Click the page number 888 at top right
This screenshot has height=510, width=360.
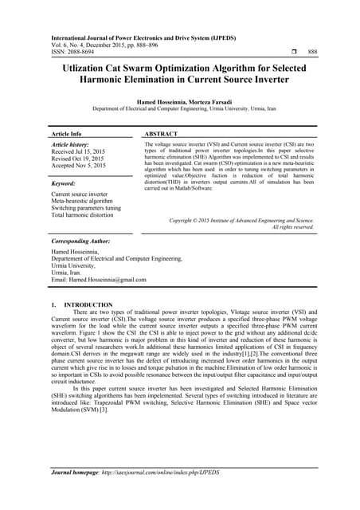coord(312,50)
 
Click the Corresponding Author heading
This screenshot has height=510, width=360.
coord(80,241)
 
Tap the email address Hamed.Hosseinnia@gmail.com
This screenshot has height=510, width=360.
coord(99,280)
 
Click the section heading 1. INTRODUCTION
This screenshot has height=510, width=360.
coord(77,304)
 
